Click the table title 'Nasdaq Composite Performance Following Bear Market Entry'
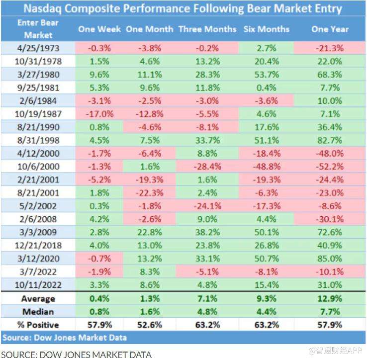pyautogui.click(x=183, y=9)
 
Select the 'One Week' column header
pyautogui.click(x=99, y=29)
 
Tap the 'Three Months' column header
pyautogui.click(x=207, y=29)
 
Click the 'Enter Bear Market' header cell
pyautogui.click(x=38, y=29)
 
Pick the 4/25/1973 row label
pyautogui.click(x=38, y=48)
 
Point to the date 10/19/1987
pyautogui.click(x=38, y=113)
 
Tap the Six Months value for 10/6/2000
pyautogui.click(x=266, y=166)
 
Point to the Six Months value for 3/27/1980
pyautogui.click(x=266, y=74)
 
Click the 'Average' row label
pyautogui.click(x=38, y=299)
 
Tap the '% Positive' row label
pyautogui.click(x=38, y=325)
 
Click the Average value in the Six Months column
pyautogui.click(x=266, y=299)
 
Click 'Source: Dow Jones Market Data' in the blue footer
pyautogui.click(x=65, y=338)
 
